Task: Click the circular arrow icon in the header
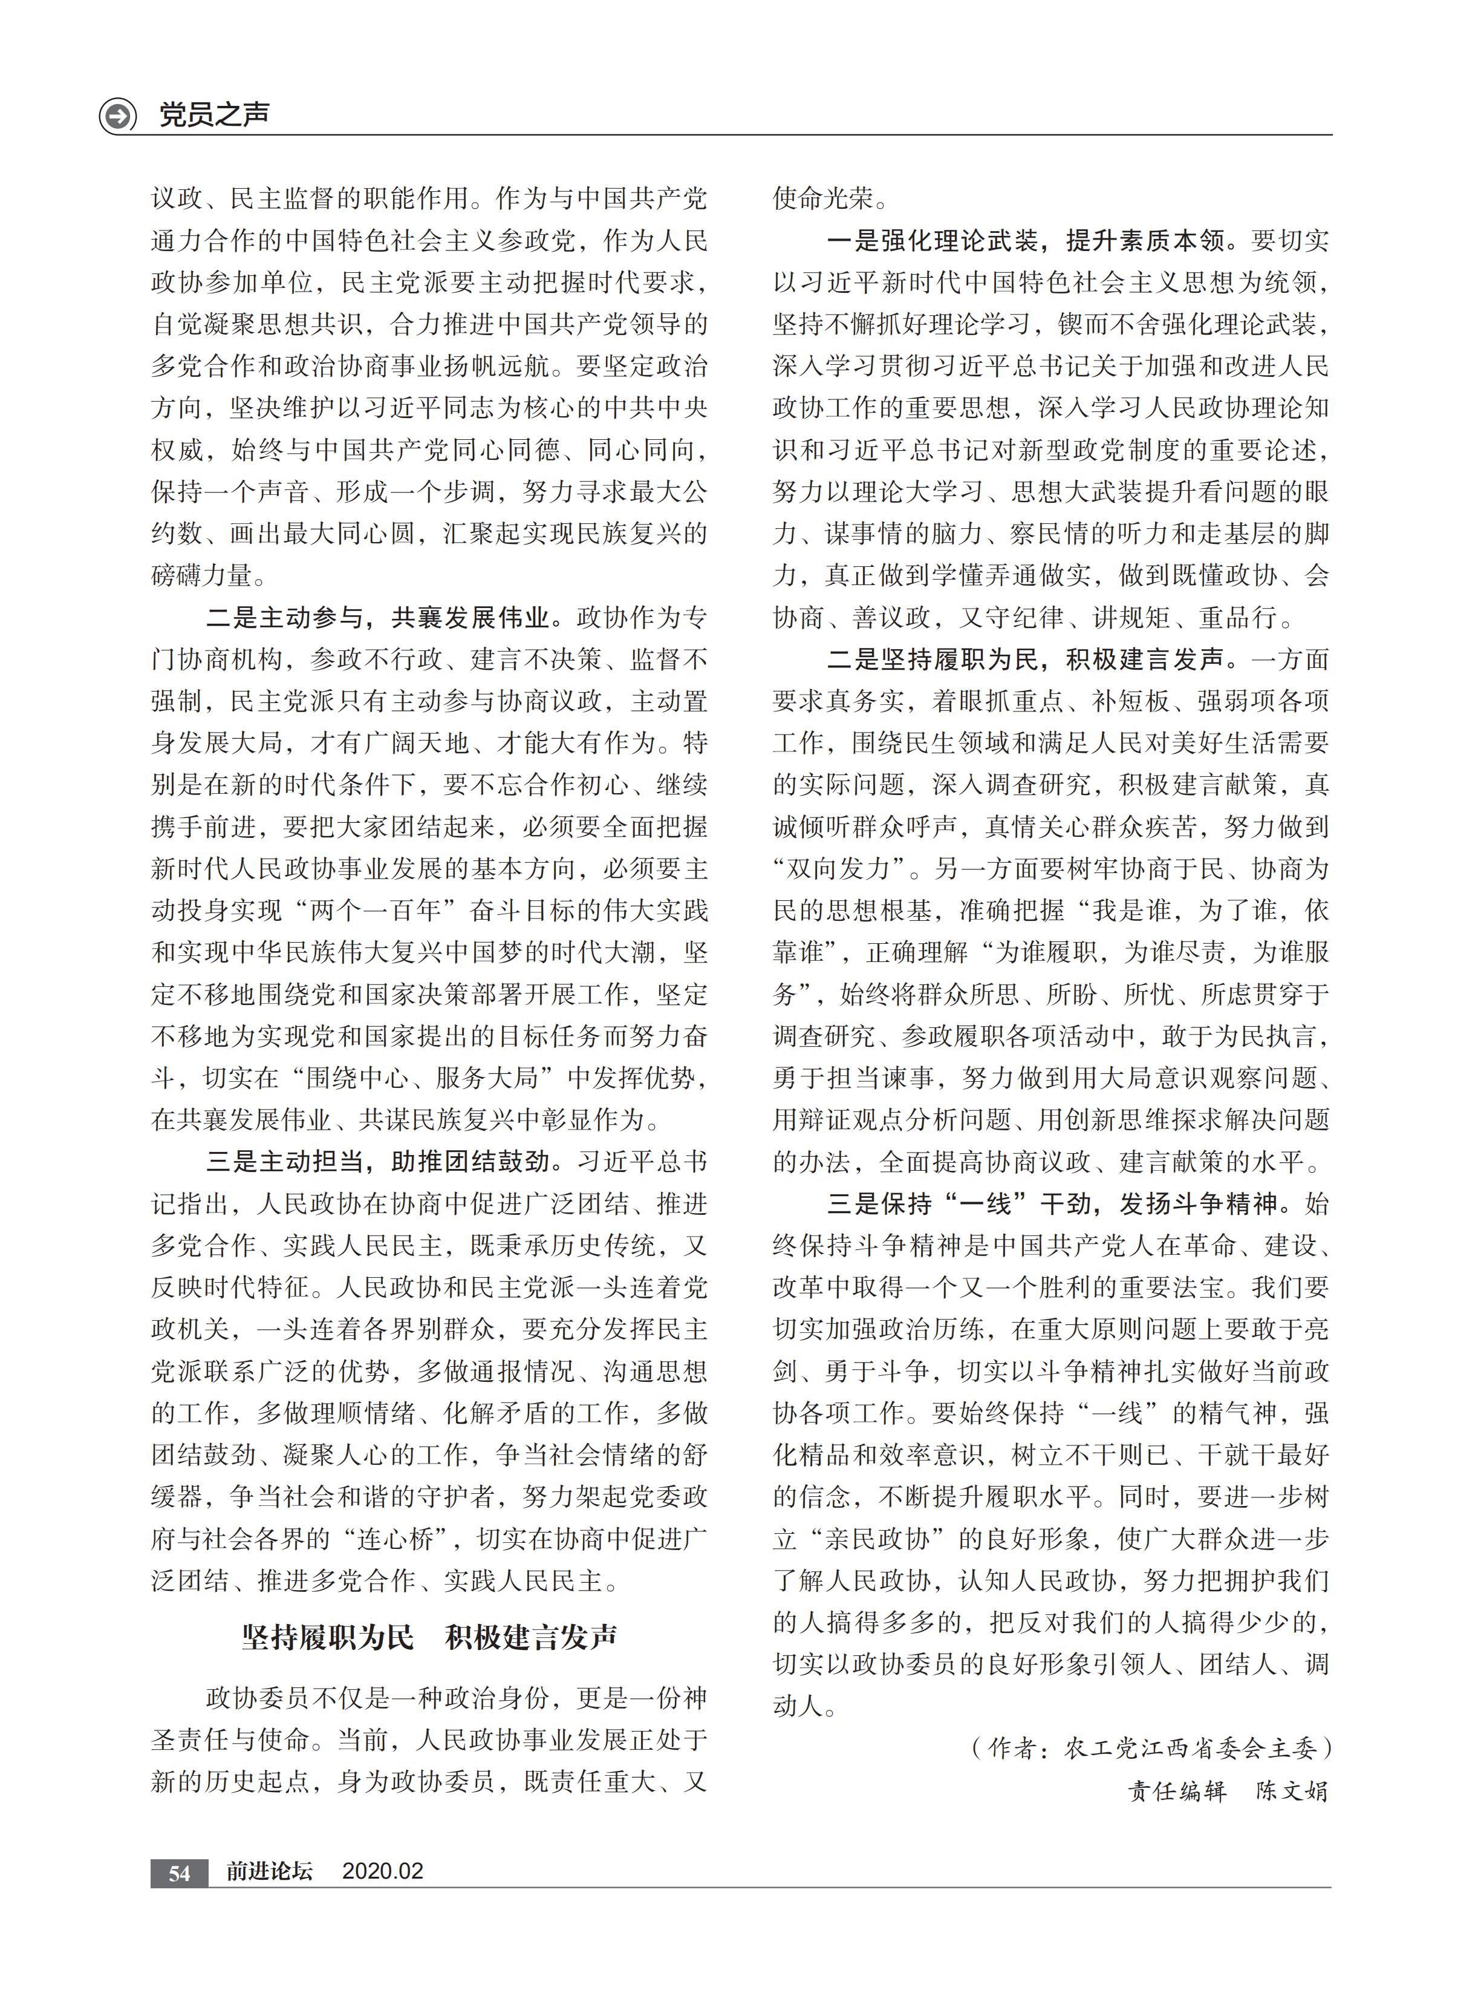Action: pyautogui.click(x=117, y=116)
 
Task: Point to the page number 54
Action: pyautogui.click(x=179, y=1872)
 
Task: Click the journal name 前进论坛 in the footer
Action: pyautogui.click(x=269, y=1871)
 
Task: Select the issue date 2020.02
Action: pyautogui.click(x=383, y=1871)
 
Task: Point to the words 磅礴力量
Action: pyautogui.click(x=203, y=575)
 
